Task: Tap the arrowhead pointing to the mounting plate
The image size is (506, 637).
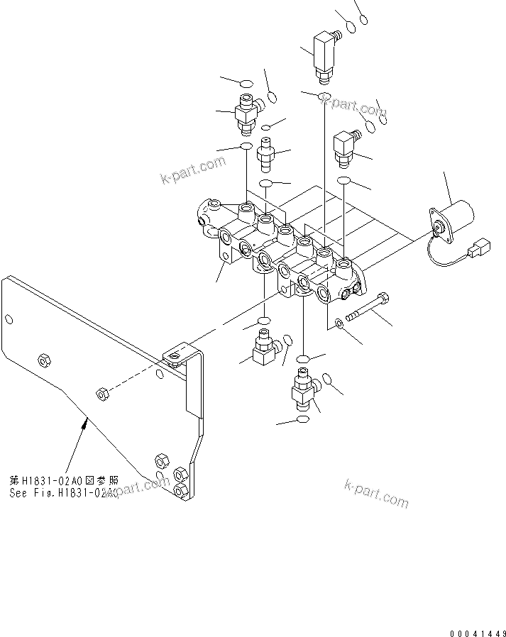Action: (x=86, y=423)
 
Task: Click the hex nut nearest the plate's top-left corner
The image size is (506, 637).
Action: (x=43, y=360)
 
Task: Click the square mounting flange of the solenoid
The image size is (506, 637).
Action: (x=438, y=223)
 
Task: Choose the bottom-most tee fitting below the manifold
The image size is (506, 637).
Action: (x=304, y=390)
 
